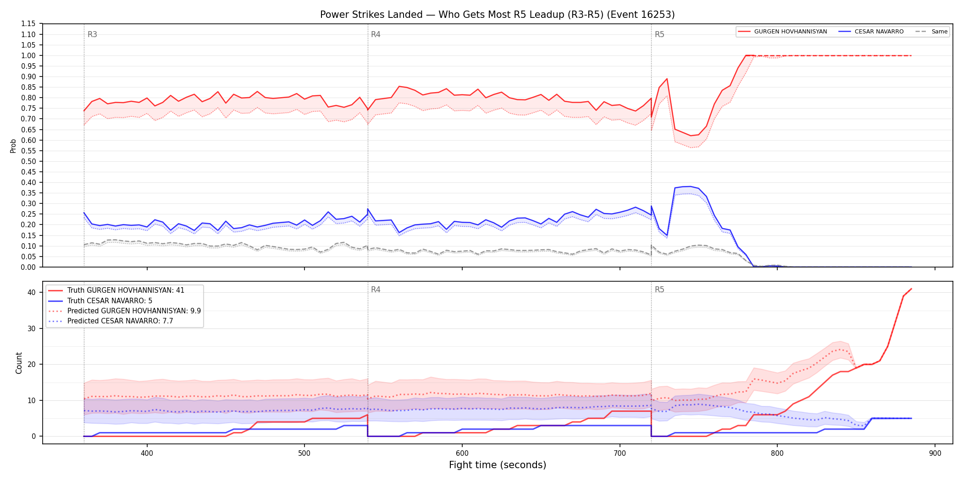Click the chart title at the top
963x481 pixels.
click(497, 15)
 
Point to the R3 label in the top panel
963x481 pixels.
click(92, 34)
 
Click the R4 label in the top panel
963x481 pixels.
click(376, 34)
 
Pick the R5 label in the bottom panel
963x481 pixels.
click(659, 290)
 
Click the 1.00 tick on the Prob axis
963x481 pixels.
click(28, 55)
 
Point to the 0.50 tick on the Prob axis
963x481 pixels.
click(28, 161)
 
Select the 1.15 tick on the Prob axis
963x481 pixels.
click(28, 24)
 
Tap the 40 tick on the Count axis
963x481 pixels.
click(32, 292)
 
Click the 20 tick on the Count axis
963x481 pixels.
click(32, 364)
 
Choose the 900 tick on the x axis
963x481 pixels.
click(935, 454)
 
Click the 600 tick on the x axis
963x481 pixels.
click(462, 454)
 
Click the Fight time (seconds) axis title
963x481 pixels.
click(498, 465)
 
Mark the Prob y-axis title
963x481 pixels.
click(13, 146)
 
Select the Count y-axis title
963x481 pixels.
click(19, 363)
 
